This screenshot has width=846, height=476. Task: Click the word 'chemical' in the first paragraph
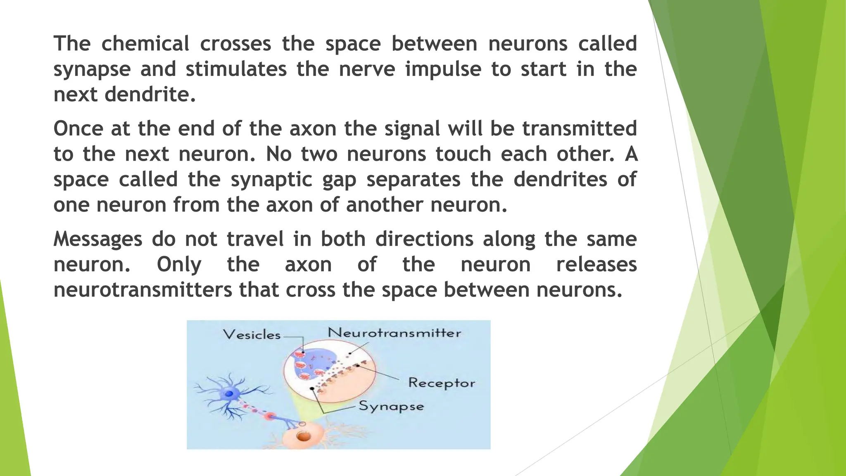145,44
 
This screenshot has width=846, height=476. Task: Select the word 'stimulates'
236,69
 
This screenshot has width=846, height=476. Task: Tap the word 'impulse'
443,69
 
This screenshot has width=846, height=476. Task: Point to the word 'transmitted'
580,129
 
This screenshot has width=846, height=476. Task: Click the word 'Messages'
98,240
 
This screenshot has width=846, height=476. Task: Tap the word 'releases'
596,265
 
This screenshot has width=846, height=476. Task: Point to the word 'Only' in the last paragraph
179,265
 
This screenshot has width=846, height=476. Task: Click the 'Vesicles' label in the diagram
252,335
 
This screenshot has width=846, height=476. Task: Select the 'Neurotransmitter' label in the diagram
394,333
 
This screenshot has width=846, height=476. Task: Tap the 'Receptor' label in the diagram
442,383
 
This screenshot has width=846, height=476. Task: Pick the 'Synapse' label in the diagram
391,406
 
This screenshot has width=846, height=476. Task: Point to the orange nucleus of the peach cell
304,436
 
